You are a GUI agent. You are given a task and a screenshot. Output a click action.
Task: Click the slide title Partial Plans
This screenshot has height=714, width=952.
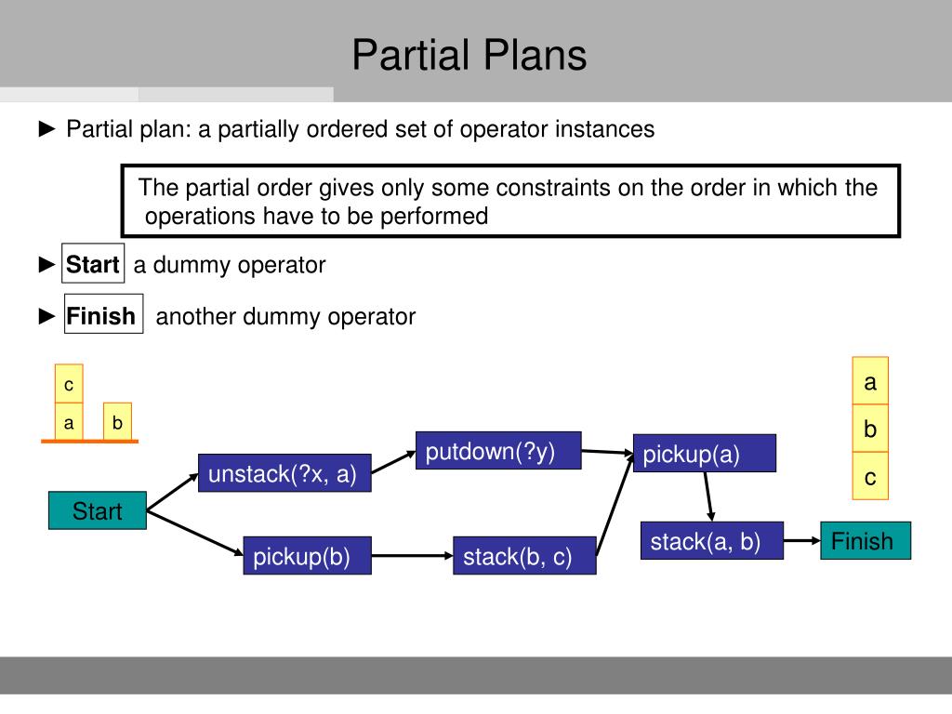tap(469, 55)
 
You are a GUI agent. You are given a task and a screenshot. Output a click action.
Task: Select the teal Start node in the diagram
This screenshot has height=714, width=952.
tap(98, 510)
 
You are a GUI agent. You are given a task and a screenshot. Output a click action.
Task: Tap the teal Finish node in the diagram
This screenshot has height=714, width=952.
tap(865, 541)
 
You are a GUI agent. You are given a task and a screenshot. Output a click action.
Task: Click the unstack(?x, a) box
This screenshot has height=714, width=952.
tap(284, 473)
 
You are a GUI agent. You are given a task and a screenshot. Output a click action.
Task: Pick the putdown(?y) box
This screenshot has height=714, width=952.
tap(498, 451)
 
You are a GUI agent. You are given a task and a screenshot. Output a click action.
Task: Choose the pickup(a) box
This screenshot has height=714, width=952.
tap(704, 454)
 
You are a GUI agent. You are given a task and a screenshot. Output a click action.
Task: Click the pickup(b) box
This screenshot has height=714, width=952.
tap(307, 556)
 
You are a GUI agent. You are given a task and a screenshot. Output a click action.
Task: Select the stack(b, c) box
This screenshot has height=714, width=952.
tap(524, 556)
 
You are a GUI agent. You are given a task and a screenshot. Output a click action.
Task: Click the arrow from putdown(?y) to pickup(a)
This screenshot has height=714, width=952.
tap(607, 453)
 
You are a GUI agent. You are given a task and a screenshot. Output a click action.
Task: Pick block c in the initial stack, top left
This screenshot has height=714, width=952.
tap(69, 384)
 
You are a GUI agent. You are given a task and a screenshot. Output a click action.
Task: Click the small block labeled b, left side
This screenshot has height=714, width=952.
tap(118, 422)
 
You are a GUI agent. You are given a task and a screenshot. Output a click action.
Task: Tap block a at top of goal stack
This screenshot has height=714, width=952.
tap(870, 381)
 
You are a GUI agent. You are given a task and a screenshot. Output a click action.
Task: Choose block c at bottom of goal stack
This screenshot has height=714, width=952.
tap(870, 477)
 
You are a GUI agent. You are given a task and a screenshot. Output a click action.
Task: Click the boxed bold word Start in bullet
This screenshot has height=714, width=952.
tap(93, 265)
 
